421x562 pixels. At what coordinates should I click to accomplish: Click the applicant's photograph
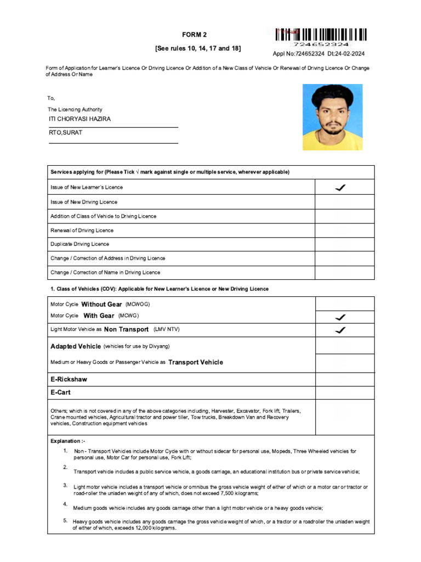click(332, 117)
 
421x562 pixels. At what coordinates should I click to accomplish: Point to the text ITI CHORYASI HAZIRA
click(80, 119)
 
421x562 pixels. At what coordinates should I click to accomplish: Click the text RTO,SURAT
click(66, 132)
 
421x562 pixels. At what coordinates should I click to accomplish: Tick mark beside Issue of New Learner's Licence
click(340, 188)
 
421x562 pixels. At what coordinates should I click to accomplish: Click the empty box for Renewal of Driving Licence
click(344, 231)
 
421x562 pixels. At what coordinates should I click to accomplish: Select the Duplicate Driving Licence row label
click(80, 244)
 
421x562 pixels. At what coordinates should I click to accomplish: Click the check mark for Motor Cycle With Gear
click(340, 317)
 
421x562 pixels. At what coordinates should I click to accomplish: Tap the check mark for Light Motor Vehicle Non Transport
click(340, 330)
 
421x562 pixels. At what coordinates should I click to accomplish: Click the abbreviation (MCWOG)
click(138, 304)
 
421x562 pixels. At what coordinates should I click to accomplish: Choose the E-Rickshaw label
click(69, 379)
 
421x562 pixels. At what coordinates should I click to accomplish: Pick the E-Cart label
click(60, 392)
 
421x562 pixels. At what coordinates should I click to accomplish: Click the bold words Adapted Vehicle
click(76, 346)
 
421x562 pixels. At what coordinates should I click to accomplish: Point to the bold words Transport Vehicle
click(196, 362)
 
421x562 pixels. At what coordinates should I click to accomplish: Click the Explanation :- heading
click(68, 441)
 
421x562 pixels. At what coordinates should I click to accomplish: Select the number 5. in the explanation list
click(65, 520)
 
